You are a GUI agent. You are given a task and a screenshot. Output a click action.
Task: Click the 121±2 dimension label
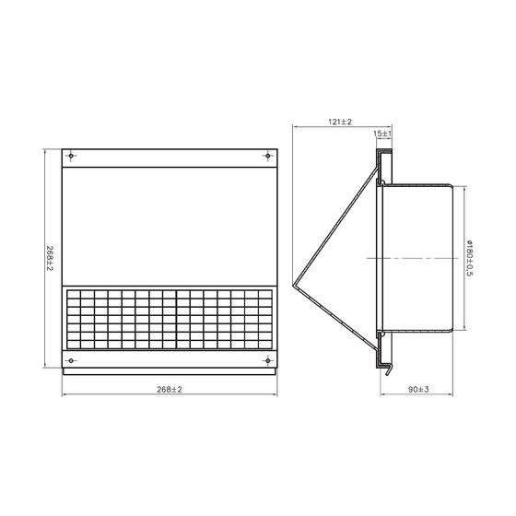click(x=340, y=122)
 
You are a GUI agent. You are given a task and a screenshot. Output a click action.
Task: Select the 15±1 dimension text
click(x=382, y=134)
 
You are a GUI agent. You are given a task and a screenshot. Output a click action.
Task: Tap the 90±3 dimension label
click(x=418, y=389)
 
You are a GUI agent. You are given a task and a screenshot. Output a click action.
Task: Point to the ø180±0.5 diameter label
click(x=470, y=258)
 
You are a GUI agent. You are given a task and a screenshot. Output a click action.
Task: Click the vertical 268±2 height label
click(x=50, y=259)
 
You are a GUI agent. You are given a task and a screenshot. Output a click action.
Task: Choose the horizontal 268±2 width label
click(x=170, y=390)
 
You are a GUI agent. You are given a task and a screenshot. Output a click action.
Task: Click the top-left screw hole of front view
click(x=71, y=156)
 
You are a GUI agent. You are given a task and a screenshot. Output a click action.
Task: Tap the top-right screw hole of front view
click(x=268, y=156)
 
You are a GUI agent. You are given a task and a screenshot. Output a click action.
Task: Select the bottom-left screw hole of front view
click(x=71, y=360)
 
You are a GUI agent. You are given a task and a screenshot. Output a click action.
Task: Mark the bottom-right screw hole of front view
click(x=268, y=360)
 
